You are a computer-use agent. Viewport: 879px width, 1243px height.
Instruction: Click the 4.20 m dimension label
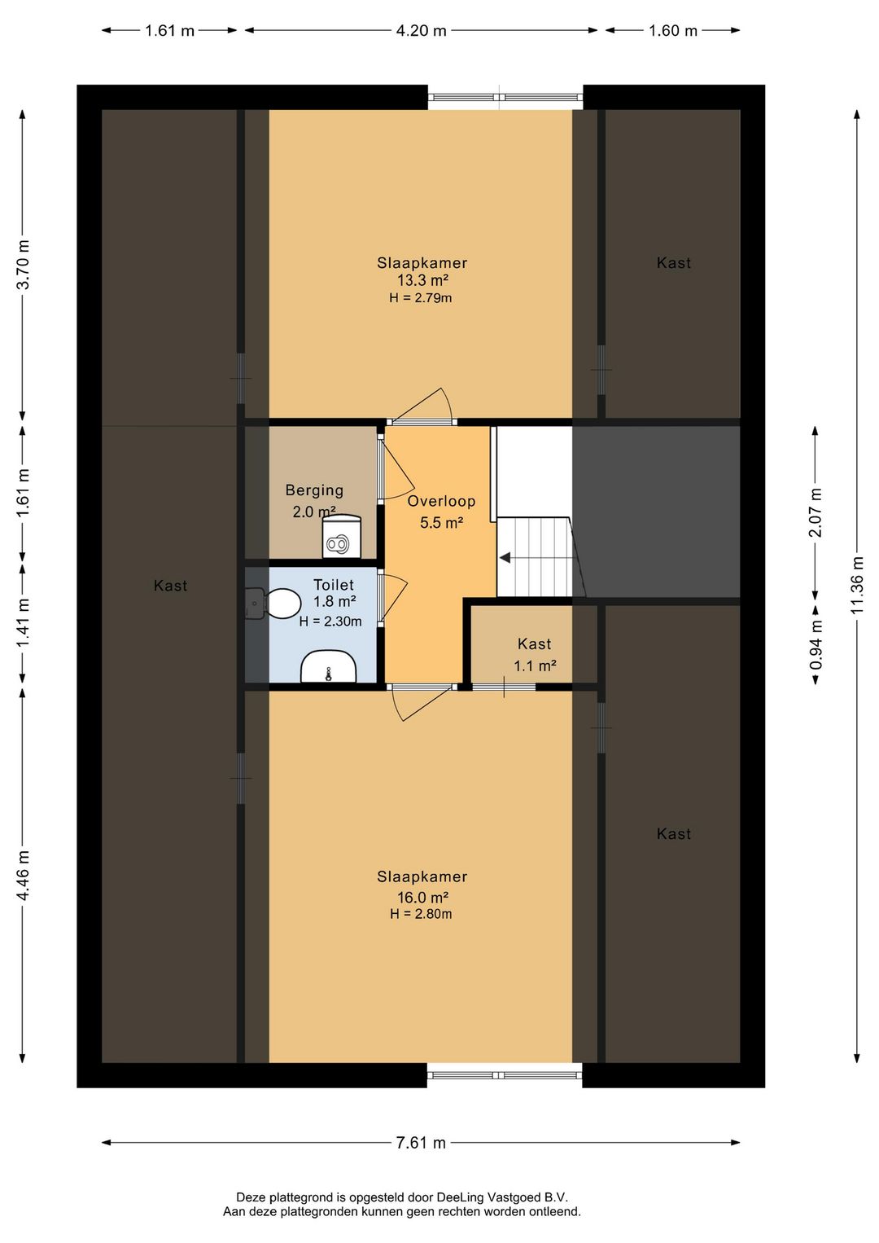[x=421, y=30]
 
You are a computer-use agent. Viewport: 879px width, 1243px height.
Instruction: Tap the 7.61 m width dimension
[x=421, y=1143]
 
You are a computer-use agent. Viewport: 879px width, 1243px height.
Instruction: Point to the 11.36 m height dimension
[x=857, y=585]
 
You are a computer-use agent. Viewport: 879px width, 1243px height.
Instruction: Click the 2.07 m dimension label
[x=816, y=512]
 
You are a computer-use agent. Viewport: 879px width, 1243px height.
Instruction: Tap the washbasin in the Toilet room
[x=328, y=666]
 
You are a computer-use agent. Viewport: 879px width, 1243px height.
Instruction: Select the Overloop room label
[x=441, y=501]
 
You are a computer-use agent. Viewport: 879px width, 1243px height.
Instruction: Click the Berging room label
[x=314, y=490]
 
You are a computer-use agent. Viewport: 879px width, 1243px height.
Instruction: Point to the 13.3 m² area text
[x=422, y=279]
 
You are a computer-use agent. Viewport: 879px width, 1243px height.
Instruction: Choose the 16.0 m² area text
[x=422, y=898]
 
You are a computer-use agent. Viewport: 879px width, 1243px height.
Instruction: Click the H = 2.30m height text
[x=330, y=621]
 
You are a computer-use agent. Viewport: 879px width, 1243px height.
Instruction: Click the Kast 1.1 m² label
[x=535, y=655]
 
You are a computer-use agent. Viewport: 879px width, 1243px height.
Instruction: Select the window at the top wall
[x=505, y=97]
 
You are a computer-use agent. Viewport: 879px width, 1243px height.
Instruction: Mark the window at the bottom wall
[x=505, y=1075]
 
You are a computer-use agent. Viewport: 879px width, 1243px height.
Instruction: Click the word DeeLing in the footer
[x=459, y=1197]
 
